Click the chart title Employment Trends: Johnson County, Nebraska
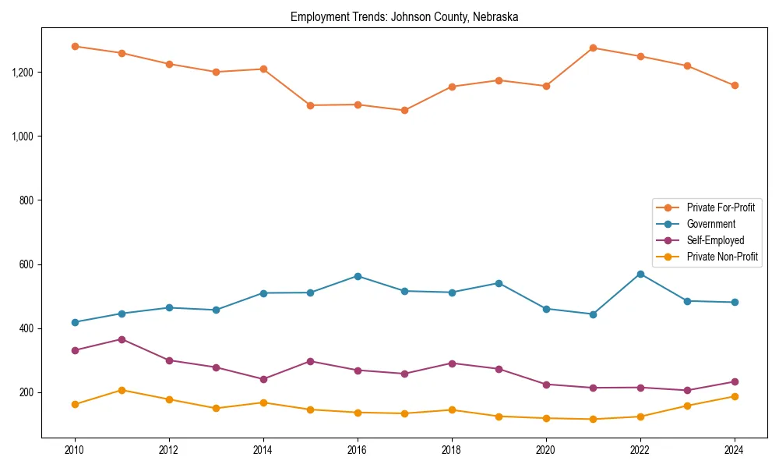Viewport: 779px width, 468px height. (x=404, y=16)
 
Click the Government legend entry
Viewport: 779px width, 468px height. (x=710, y=224)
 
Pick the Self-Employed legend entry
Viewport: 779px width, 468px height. (x=715, y=240)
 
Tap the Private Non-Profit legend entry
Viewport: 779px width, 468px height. (x=722, y=257)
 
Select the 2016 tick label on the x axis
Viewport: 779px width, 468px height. (x=357, y=450)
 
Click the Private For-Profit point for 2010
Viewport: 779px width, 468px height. (x=75, y=46)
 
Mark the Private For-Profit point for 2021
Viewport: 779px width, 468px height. (x=593, y=48)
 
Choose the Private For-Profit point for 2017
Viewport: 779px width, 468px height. (x=404, y=110)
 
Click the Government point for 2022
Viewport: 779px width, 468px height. (x=640, y=274)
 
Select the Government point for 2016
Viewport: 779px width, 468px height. (x=358, y=276)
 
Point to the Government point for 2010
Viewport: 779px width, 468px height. (x=75, y=322)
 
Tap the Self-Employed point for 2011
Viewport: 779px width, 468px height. (x=122, y=339)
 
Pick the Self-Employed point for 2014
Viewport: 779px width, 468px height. (x=263, y=379)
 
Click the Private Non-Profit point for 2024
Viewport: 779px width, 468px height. (x=734, y=396)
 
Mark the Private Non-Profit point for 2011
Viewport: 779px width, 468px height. (x=122, y=390)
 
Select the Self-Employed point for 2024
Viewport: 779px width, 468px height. (x=734, y=381)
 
